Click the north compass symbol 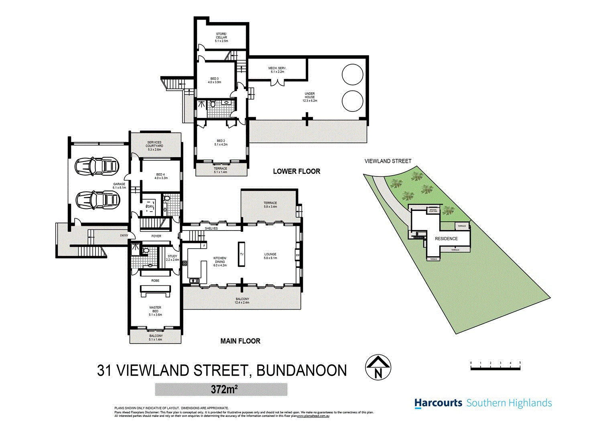point(378,368)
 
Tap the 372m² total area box point(221,389)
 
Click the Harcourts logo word point(438,403)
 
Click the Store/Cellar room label point(221,37)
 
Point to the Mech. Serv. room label point(277,70)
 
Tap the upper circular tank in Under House point(352,74)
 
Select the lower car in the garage point(97,199)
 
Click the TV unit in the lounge point(242,254)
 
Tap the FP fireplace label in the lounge point(297,255)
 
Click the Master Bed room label point(155,311)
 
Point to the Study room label point(173,258)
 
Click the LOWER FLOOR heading point(296,171)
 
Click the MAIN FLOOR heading point(240,341)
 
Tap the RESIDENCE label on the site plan point(446,239)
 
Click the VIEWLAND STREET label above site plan point(388,161)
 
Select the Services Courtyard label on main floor point(154,146)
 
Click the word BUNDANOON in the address point(301,370)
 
